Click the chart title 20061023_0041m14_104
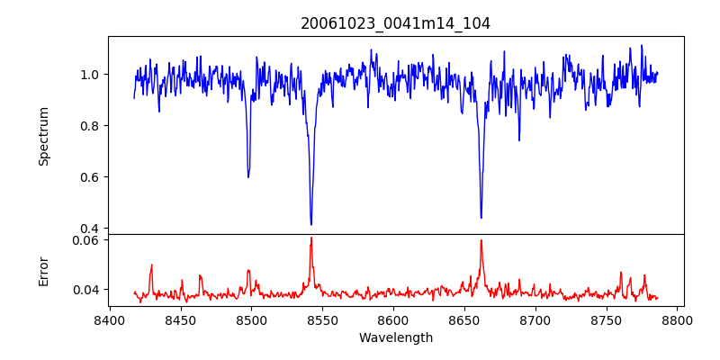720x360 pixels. [395, 23]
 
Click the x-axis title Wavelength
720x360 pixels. [395, 338]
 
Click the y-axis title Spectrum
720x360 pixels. [43, 136]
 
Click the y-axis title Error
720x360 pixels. [43, 271]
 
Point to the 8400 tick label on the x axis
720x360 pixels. [109, 320]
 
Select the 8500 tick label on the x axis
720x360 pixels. [251, 320]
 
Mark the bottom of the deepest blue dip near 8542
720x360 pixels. [310, 224]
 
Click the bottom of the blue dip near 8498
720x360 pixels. [248, 176]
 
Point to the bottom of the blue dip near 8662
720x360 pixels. [481, 218]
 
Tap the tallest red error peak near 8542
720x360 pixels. [310, 238]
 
